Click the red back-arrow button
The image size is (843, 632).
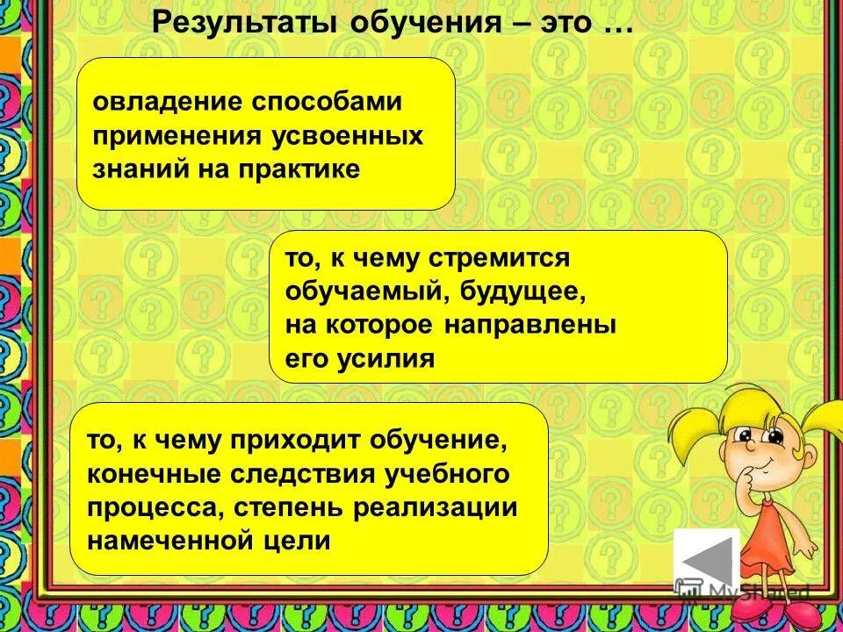[706, 562]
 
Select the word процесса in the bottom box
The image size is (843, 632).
[142, 507]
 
